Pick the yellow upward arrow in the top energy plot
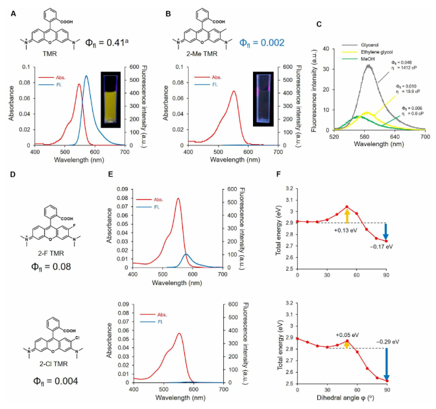point(347,215)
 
